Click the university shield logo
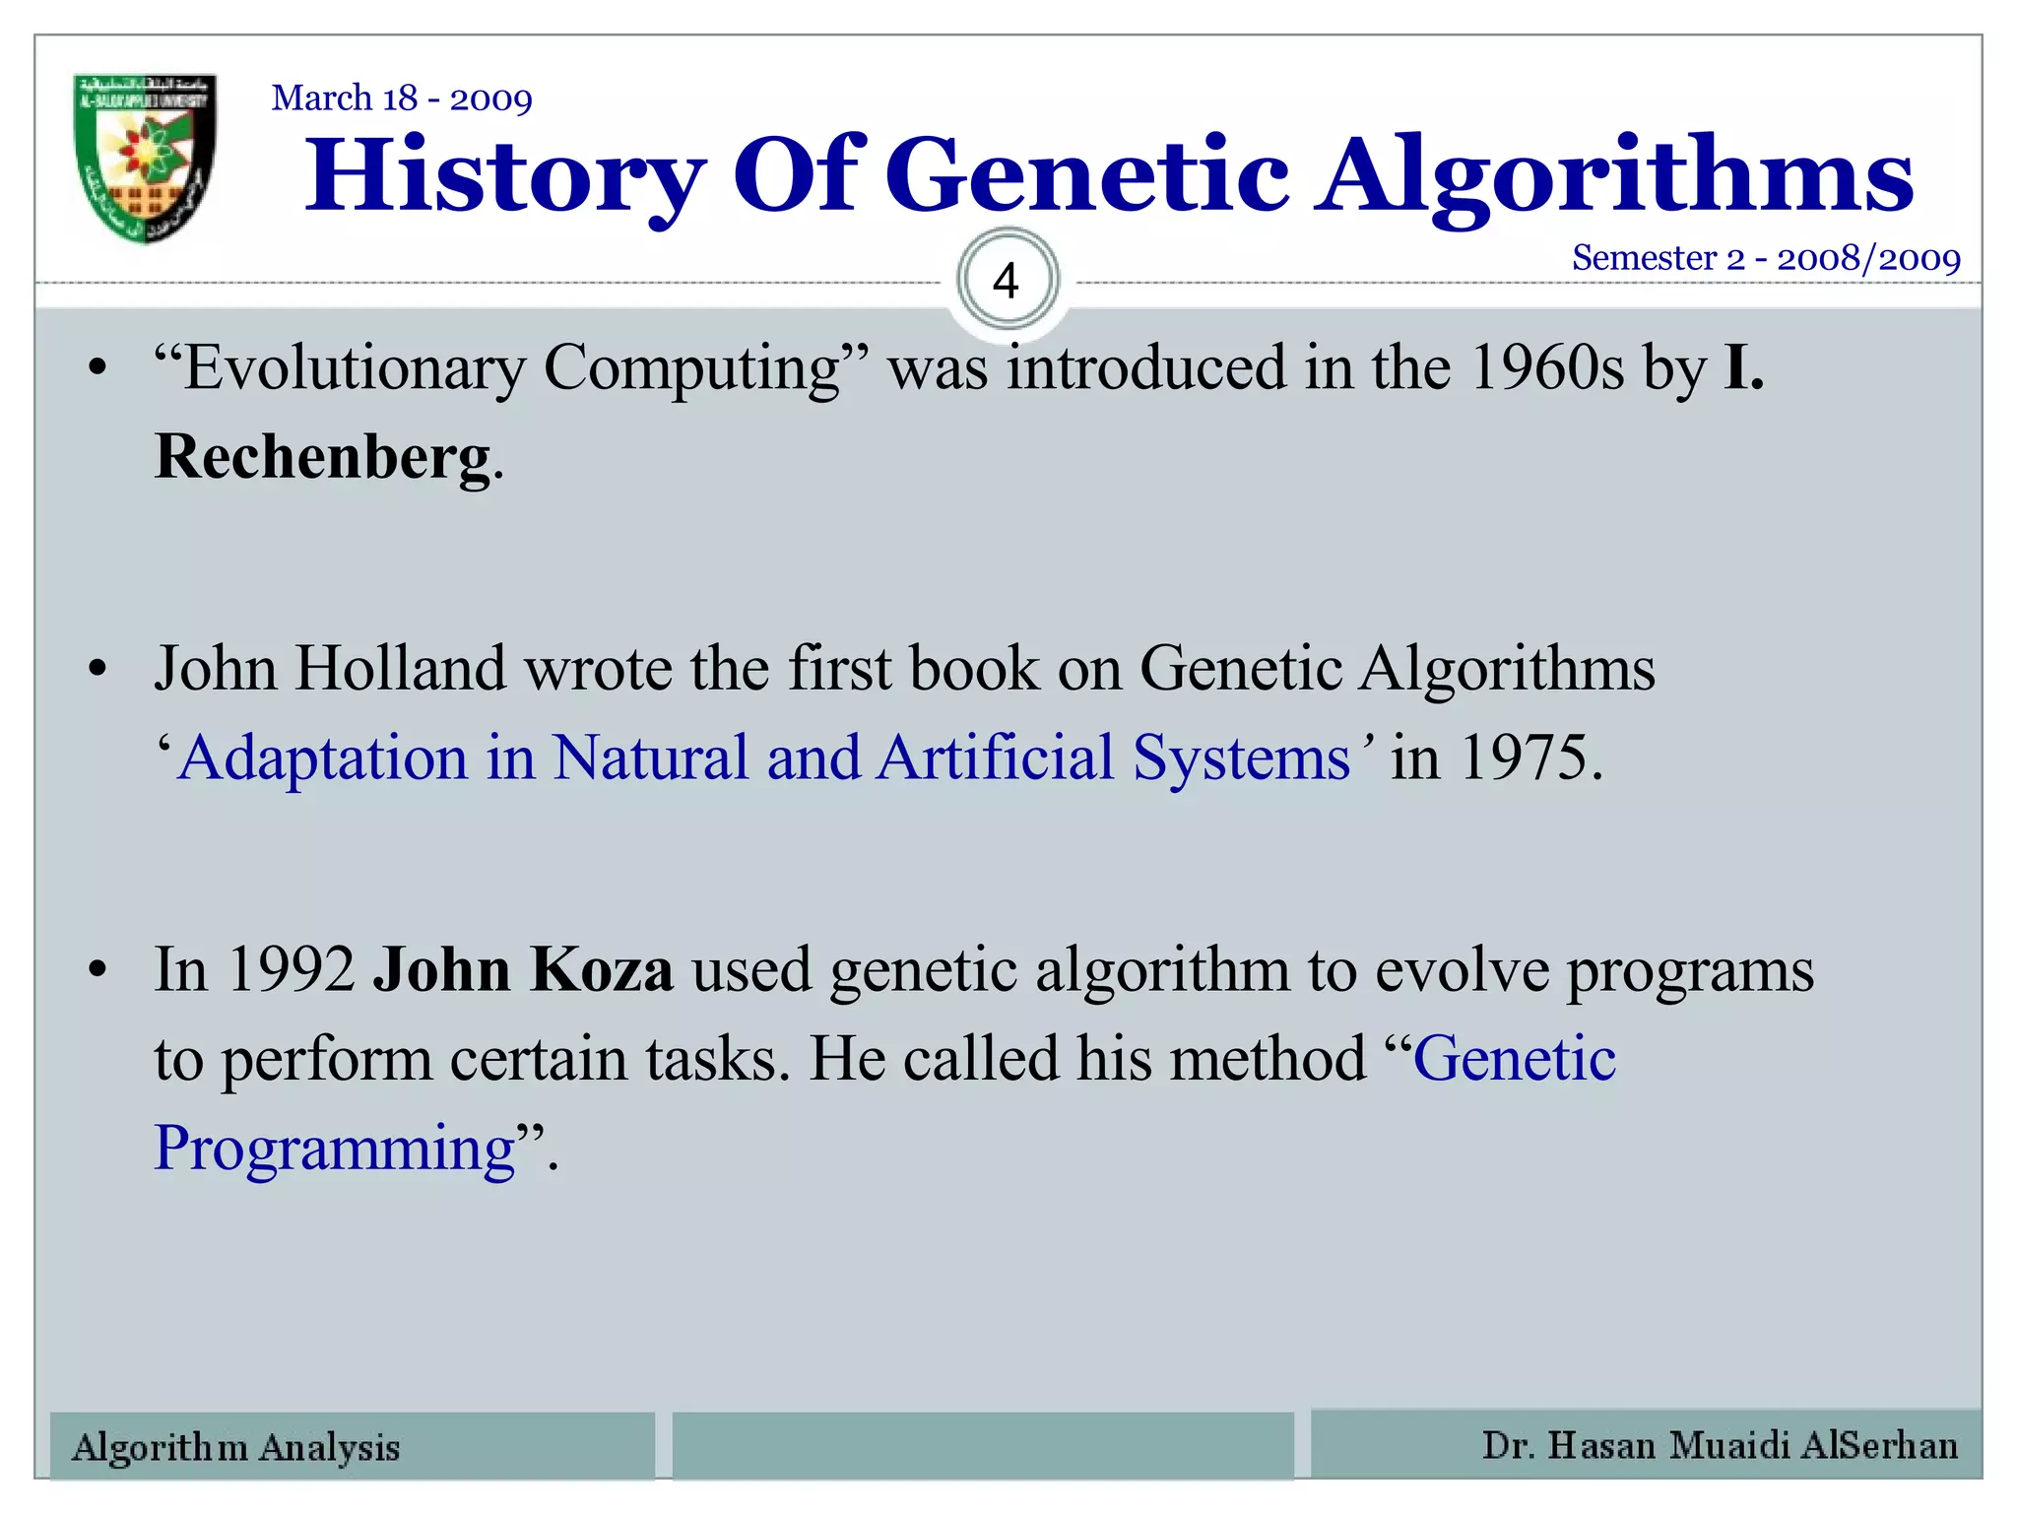pos(145,158)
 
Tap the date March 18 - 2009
pos(402,99)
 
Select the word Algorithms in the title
pos(1615,177)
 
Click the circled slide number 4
pos(1007,281)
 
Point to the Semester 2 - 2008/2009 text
pos(1766,258)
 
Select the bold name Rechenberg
pos(323,458)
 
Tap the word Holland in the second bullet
pos(401,669)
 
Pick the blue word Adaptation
pos(323,758)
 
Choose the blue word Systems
pos(1241,758)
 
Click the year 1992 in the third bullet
pos(291,969)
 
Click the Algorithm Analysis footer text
pos(236,1447)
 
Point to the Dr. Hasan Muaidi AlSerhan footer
pos(1720,1445)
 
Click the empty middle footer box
pos(983,1445)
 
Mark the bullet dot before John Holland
pos(97,670)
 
